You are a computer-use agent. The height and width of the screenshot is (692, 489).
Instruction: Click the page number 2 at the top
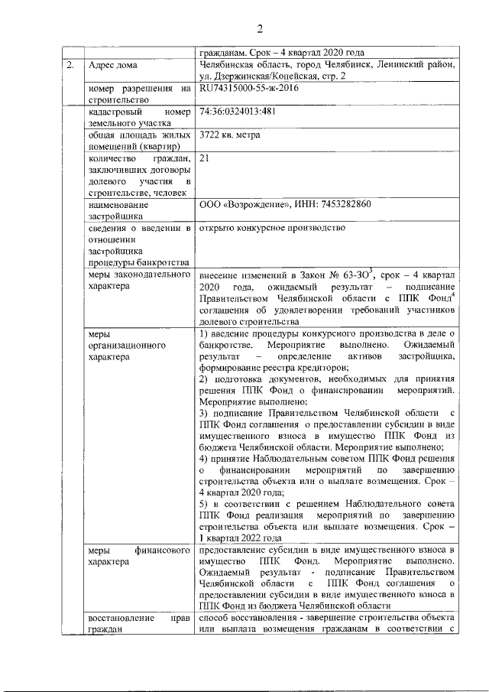click(x=259, y=30)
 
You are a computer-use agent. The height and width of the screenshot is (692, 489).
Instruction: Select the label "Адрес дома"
click(x=114, y=66)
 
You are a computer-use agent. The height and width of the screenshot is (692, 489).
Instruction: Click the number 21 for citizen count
click(x=204, y=158)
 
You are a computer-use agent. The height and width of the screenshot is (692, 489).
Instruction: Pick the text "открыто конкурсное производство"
click(x=273, y=227)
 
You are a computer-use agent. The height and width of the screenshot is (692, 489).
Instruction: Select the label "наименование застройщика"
click(x=124, y=210)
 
